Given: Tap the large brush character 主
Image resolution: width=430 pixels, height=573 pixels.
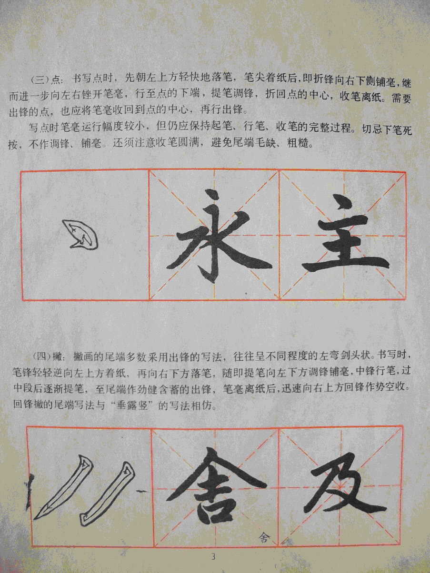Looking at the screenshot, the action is click(x=346, y=235).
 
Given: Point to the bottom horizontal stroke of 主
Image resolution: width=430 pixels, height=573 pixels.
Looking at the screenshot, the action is click(x=346, y=266).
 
